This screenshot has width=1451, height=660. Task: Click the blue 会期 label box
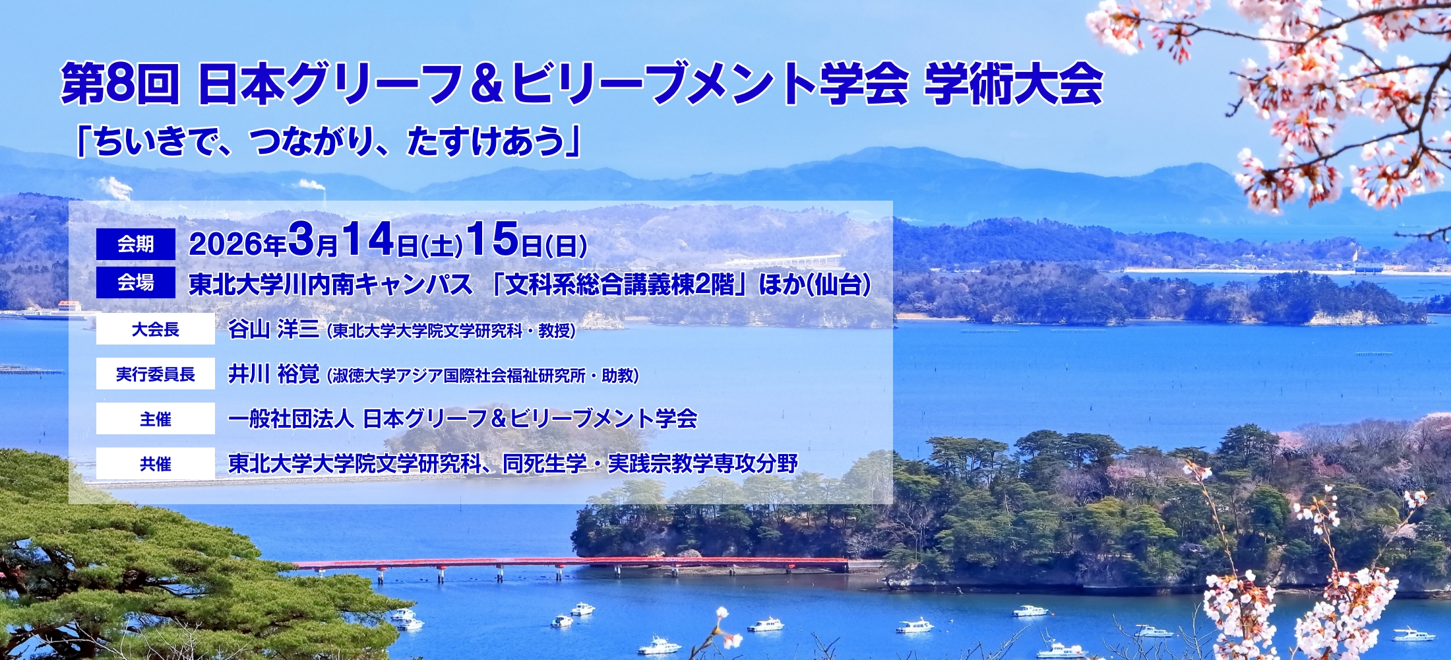pos(136,244)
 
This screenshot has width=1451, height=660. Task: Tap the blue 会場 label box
pos(136,282)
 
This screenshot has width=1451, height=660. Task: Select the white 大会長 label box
pos(156,329)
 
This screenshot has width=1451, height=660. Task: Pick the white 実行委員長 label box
pos(156,374)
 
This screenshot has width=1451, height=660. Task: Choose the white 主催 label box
pos(156,418)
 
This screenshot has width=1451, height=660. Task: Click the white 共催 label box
pos(156,463)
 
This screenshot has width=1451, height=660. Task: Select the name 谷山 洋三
pos(274,329)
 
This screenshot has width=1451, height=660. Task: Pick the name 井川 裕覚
pos(274,374)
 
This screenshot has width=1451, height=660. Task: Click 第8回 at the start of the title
pos(120,84)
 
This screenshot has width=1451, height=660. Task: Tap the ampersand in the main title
pos(487,84)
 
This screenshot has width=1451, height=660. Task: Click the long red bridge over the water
pos(571,564)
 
